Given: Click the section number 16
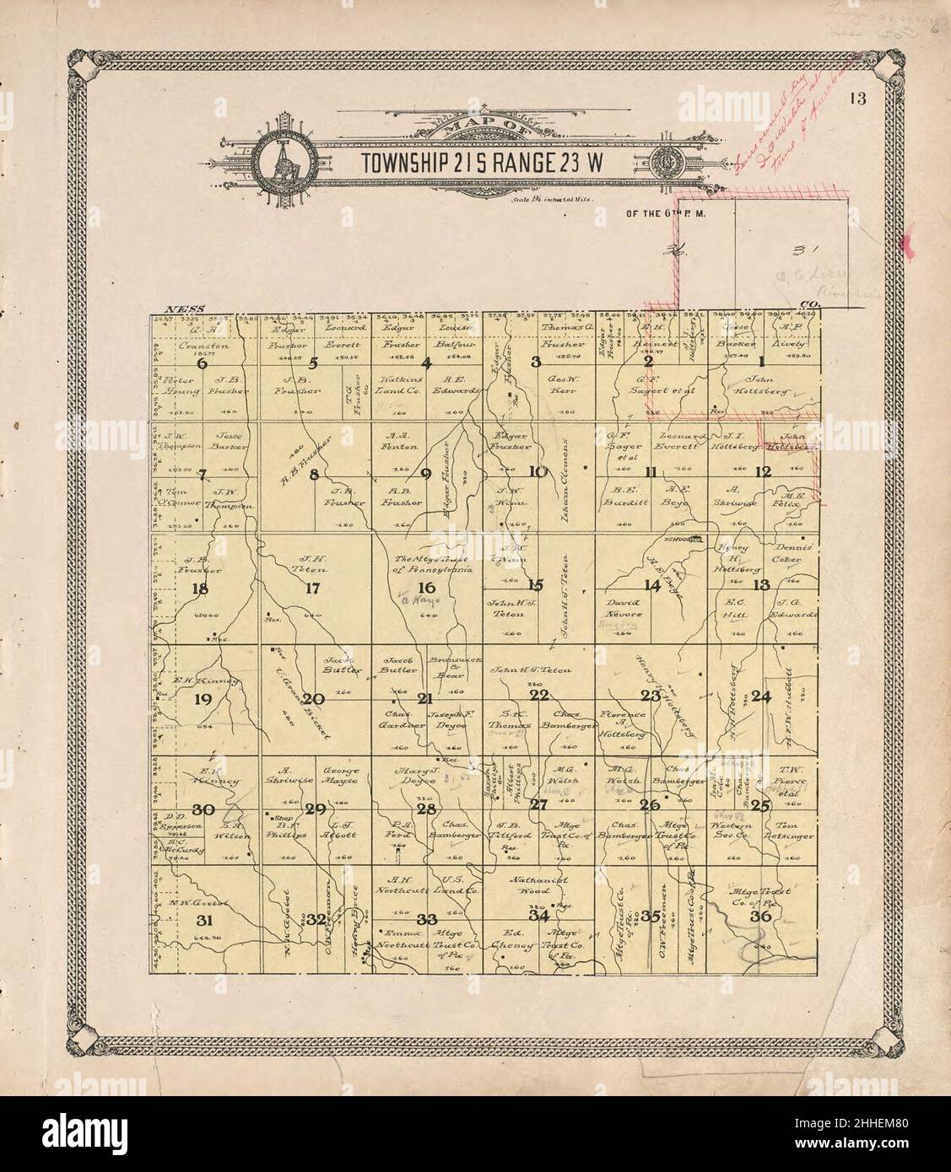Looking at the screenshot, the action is [x=427, y=588].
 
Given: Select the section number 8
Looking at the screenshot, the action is [x=313, y=474].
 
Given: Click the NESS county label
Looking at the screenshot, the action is [x=181, y=310].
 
